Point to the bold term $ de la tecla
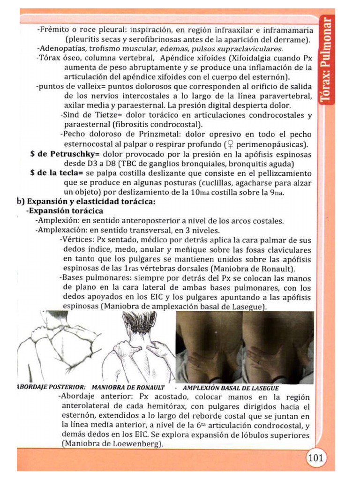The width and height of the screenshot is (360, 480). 57,173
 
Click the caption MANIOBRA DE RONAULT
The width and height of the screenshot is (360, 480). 128,388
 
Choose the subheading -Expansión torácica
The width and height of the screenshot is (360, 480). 65,211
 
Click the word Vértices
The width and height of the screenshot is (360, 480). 75,239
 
